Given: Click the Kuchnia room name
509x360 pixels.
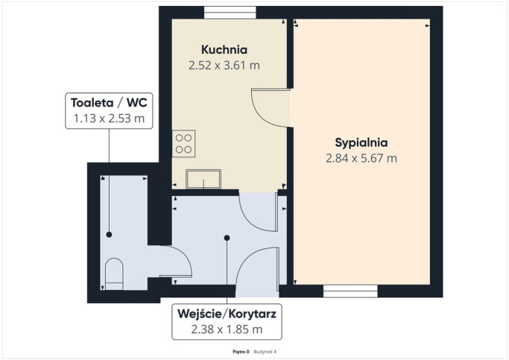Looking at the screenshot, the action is (x=224, y=50).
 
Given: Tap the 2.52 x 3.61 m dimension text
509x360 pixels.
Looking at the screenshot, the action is (x=224, y=66).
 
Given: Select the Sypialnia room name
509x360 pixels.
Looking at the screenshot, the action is (x=361, y=143).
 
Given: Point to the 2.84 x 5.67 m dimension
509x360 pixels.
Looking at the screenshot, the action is (x=361, y=159).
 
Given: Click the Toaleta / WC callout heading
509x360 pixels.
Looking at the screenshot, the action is (x=109, y=103).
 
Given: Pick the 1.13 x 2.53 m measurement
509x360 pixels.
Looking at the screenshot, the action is (x=109, y=119).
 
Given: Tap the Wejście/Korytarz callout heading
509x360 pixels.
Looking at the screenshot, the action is (x=227, y=314).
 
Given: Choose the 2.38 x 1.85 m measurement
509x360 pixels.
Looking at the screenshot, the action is (x=227, y=329).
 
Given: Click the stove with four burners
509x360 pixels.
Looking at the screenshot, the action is (x=183, y=144).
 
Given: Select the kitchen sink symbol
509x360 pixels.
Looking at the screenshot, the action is (x=203, y=179).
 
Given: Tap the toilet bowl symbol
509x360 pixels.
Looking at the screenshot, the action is (x=114, y=274).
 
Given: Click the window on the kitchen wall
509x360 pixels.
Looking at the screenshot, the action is (x=230, y=13).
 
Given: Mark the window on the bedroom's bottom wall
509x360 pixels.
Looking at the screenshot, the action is (x=350, y=291).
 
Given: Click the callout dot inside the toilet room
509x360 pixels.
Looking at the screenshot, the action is (x=109, y=234).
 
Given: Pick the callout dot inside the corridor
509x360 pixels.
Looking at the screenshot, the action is (x=227, y=238).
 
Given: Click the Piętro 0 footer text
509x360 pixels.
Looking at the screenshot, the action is (x=241, y=352).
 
